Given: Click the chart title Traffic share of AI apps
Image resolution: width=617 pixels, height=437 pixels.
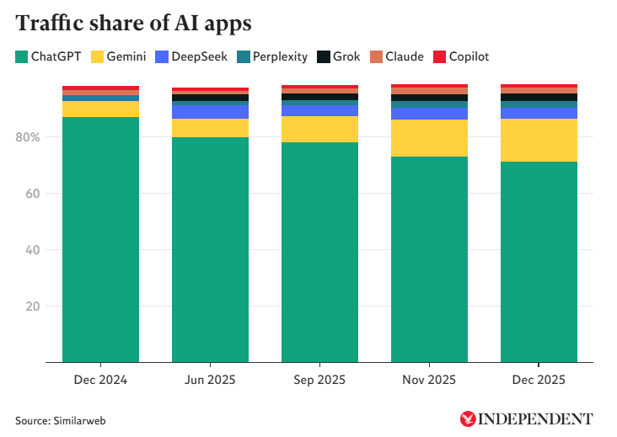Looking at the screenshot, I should [x=133, y=24].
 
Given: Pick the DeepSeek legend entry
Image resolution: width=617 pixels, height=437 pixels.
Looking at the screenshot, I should [x=191, y=57].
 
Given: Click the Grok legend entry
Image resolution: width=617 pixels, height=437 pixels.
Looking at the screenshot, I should [x=339, y=57].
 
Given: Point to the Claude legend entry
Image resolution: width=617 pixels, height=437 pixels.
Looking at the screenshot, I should [x=396, y=57].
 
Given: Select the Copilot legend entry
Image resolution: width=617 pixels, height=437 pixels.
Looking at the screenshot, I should [x=461, y=57].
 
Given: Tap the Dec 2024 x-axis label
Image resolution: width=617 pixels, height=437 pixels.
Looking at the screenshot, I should [x=100, y=380].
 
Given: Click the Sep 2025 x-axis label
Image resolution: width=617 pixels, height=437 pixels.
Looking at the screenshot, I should [x=319, y=380].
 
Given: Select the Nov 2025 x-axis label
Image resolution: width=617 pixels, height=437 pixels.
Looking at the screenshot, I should [x=429, y=380].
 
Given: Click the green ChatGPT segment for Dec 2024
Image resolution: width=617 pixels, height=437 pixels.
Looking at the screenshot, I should [x=100, y=240].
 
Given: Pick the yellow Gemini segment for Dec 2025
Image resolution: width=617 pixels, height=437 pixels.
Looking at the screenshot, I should [x=539, y=140].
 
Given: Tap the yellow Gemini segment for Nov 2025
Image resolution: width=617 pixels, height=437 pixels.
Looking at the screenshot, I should [x=429, y=138].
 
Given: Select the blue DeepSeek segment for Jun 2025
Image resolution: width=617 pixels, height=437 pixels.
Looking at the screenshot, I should [x=210, y=112].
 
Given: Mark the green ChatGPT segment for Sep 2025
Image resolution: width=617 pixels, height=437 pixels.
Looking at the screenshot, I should [x=319, y=253].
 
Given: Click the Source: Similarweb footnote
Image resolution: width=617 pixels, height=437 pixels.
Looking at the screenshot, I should [x=60, y=419].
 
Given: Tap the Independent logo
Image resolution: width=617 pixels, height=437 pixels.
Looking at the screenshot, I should [x=527, y=418].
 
